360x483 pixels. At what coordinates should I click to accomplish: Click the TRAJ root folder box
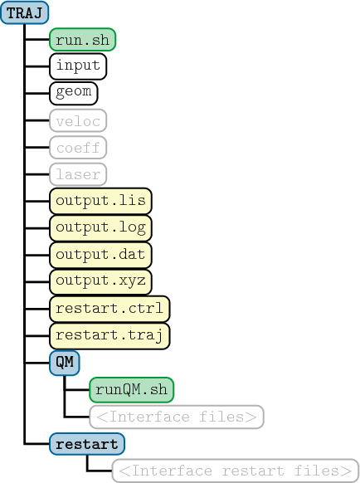point(25,12)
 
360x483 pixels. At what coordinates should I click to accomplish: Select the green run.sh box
point(82,40)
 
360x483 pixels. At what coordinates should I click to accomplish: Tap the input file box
point(78,66)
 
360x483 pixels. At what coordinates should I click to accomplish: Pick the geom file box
point(74,93)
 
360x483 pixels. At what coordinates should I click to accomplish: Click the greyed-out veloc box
point(78,120)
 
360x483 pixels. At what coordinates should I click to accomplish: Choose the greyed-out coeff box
point(78,148)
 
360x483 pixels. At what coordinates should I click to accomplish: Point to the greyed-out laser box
point(78,174)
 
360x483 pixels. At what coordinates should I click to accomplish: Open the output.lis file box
point(100,201)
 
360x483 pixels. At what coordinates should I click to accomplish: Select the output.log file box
point(100,228)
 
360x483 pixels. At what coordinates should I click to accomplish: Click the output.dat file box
point(100,255)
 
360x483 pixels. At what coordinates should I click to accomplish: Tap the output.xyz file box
point(100,282)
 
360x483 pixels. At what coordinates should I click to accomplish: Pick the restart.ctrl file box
point(109,309)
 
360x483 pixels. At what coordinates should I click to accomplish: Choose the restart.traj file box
point(109,336)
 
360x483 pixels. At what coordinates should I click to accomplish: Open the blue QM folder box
point(65,363)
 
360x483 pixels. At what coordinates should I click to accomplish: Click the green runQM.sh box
point(132,390)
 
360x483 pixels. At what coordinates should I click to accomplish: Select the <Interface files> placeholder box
point(177,417)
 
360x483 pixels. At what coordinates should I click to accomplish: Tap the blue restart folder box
point(87,444)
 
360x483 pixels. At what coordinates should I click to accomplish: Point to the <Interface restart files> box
point(236,471)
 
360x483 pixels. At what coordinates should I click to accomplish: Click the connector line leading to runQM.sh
point(77,390)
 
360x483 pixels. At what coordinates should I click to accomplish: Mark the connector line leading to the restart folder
point(37,444)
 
